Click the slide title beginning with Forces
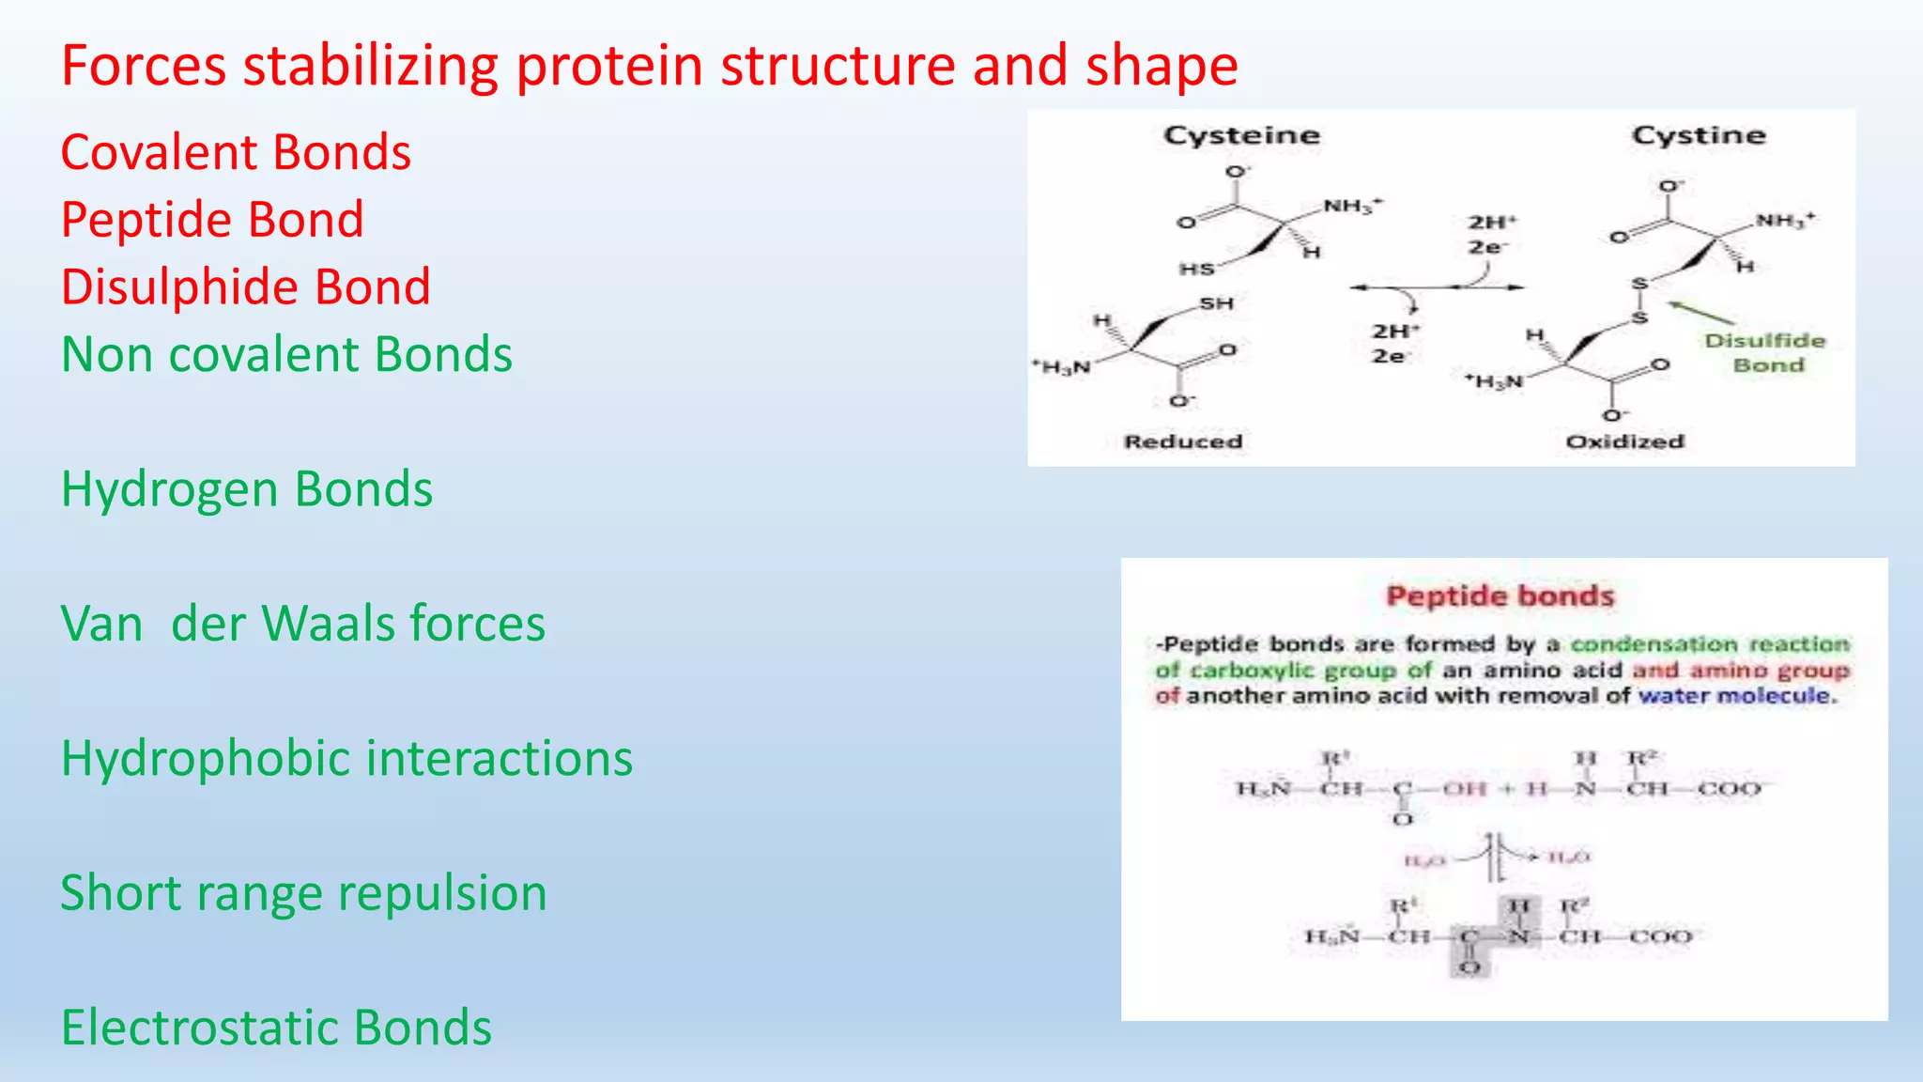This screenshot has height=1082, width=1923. pos(649,66)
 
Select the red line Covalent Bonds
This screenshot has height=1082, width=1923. pos(236,152)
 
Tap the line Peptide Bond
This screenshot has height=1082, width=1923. pos(212,220)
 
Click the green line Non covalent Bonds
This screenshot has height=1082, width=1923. pos(286,354)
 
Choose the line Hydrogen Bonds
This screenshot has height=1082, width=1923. pos(247,489)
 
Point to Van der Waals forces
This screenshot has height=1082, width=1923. pos(302,624)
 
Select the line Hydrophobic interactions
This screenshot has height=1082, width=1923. pos(346,758)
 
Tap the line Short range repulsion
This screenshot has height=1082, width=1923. pos(303,892)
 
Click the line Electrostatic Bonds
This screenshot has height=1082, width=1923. pos(276,1027)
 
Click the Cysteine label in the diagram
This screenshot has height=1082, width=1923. pos(1241,135)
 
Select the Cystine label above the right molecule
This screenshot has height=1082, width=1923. pos(1698,135)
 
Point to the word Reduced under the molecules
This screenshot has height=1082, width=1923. pos(1183,441)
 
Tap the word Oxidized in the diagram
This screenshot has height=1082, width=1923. pos(1624,441)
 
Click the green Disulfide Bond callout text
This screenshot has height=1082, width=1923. pos(1765,352)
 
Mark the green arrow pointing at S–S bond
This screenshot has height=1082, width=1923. pos(1700,313)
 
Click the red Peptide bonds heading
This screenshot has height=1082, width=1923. pos(1500,596)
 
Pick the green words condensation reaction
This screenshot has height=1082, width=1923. pos(1709,644)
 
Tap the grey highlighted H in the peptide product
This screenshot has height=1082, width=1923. pos(1519,906)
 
